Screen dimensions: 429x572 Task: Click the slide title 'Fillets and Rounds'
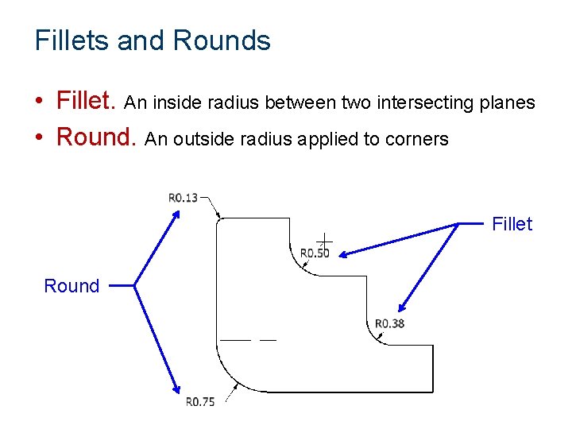coord(153,41)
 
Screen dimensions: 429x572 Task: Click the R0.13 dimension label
coord(183,197)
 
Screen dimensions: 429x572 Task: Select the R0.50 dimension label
coord(315,253)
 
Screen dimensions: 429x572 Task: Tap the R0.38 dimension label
coord(389,323)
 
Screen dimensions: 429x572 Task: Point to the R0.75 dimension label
coord(200,402)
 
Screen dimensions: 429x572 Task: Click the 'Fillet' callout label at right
coord(512,225)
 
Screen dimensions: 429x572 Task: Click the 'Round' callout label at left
coord(71,286)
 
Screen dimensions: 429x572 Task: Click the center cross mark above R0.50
coord(324,238)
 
